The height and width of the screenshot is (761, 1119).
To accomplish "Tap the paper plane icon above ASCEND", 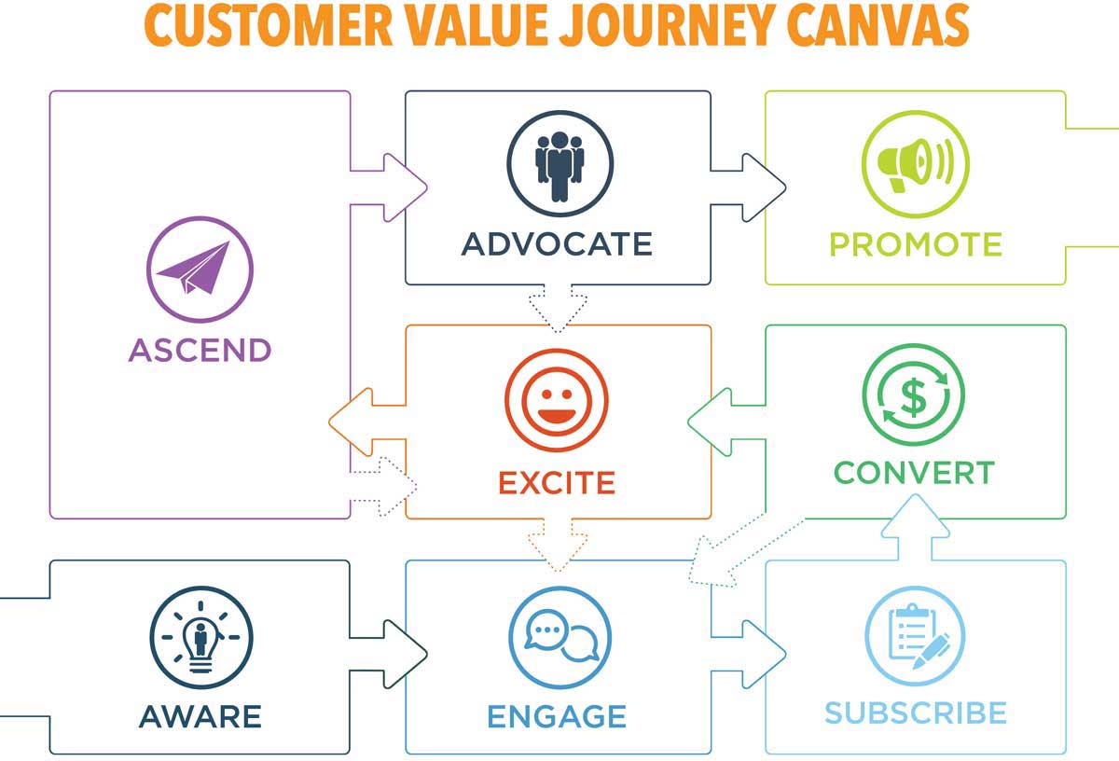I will (x=200, y=268).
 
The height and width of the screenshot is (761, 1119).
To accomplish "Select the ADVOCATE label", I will (x=557, y=244).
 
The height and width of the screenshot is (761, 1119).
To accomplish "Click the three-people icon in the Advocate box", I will (x=559, y=164).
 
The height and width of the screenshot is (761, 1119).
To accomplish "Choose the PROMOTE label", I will (x=916, y=244).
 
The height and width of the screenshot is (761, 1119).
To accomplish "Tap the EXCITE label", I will (x=557, y=483).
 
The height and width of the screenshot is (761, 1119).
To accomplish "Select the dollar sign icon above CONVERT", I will (x=913, y=394).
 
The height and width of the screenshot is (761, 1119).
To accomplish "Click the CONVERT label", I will (x=914, y=473).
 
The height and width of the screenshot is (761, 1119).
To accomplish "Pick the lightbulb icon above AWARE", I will (x=200, y=637).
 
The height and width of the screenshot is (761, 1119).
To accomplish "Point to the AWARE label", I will (x=200, y=716).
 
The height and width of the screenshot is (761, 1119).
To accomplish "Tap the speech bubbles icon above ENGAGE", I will (x=559, y=637).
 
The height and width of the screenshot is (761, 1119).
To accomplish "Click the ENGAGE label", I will (x=557, y=716).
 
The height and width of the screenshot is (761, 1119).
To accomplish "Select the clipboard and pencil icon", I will (x=915, y=637).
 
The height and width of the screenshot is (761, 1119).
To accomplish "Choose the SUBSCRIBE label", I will (x=916, y=713).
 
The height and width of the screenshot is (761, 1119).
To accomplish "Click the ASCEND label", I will (x=200, y=350).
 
